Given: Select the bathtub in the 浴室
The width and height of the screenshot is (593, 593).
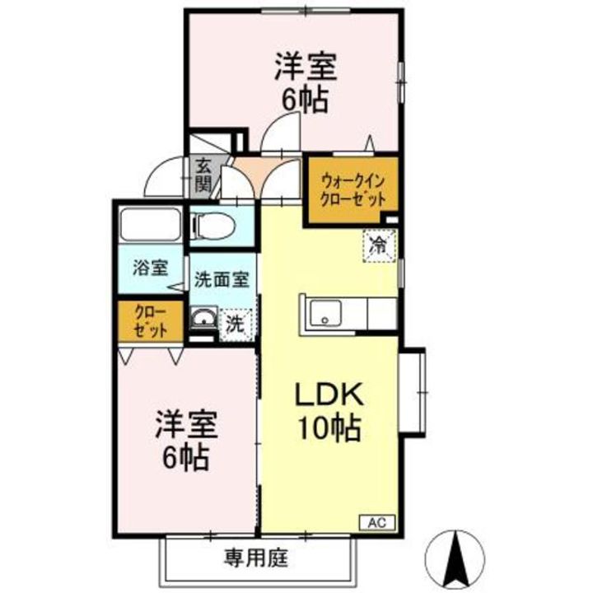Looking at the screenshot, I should (x=150, y=224).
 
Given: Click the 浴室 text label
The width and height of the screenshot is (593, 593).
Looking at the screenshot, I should (x=151, y=268).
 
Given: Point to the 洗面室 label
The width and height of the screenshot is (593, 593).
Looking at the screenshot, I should (x=220, y=279).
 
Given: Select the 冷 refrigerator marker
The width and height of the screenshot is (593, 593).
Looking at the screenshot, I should (x=379, y=244).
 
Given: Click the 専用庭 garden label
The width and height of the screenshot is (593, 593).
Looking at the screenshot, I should (x=254, y=559).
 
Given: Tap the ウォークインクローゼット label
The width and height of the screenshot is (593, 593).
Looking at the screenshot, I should (x=353, y=189).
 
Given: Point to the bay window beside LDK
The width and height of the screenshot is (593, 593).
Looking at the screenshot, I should (x=414, y=393).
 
